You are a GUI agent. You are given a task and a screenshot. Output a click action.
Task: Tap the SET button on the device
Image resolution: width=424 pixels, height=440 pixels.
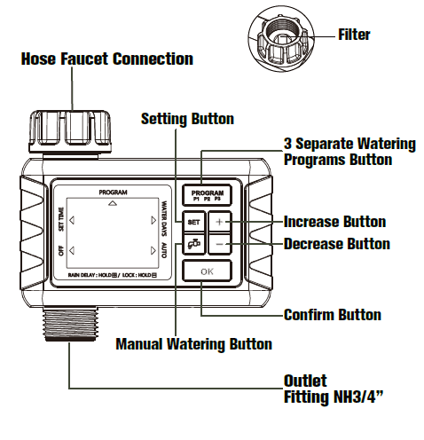192,224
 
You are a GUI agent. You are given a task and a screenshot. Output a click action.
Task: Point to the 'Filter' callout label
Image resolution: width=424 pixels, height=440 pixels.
354,35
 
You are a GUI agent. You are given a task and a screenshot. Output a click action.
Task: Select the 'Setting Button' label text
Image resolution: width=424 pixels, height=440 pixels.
187,119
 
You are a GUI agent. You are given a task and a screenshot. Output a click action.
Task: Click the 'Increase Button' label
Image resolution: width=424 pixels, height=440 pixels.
334,222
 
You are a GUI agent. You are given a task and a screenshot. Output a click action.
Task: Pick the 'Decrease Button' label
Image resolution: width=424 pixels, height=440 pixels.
336,243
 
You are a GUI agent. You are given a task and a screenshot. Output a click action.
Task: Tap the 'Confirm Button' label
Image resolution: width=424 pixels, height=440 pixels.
332,314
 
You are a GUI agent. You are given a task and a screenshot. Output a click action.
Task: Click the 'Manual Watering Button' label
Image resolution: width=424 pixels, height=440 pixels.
193,343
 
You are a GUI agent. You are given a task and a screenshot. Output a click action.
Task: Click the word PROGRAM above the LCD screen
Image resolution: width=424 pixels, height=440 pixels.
113,192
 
